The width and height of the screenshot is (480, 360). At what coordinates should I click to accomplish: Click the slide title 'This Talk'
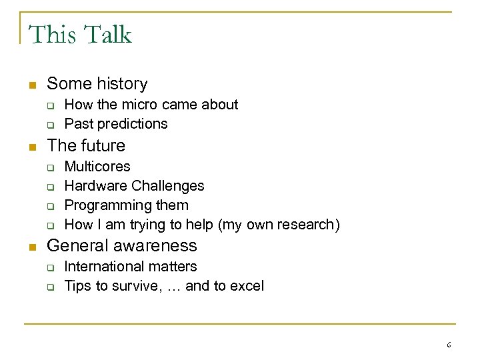tap(80, 34)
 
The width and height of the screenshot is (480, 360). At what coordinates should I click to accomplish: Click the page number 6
tap(449, 345)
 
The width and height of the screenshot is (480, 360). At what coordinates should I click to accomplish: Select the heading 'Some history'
tap(97, 84)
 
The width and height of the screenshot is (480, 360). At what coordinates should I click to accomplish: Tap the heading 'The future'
tap(85, 145)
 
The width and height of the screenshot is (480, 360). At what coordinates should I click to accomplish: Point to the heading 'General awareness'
tap(121, 245)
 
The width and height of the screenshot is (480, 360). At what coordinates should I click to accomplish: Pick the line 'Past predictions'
tap(115, 123)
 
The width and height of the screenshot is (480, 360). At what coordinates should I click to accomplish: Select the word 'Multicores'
tap(97, 166)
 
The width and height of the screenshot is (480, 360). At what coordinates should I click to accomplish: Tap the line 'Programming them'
tap(126, 205)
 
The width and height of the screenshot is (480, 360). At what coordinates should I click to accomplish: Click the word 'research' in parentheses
tap(309, 225)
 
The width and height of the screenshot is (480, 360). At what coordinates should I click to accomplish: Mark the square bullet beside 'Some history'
tap(30, 85)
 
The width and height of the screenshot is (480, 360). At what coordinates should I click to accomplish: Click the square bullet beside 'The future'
tap(30, 146)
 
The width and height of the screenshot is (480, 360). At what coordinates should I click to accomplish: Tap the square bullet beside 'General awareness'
tap(30, 246)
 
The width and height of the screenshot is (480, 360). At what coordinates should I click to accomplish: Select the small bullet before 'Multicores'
tap(49, 167)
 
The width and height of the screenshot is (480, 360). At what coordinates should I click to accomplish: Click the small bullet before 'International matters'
tap(49, 267)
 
